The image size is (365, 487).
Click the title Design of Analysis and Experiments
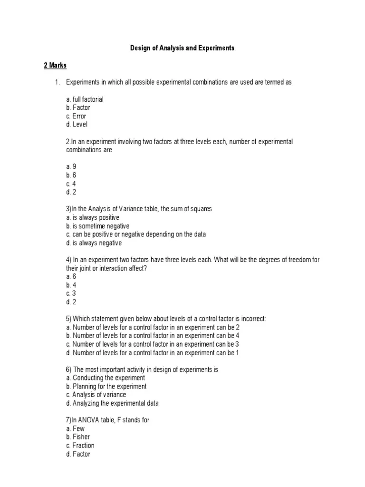coord(182,49)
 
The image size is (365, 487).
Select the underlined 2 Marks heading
coord(55,65)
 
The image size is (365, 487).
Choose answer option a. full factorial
coord(85,99)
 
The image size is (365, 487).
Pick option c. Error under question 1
coord(76,116)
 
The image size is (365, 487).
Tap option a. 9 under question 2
coord(71,166)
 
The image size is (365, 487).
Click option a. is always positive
coord(93,217)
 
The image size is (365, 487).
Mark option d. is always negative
coord(94,243)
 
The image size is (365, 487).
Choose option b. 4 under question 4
coord(71,285)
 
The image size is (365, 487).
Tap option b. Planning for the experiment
coord(106,386)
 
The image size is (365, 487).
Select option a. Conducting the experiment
coord(106,378)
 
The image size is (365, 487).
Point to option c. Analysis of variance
coord(96,395)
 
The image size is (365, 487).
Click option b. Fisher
coord(78,437)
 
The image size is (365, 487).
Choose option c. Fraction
coord(80,445)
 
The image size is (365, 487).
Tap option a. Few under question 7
coord(76,429)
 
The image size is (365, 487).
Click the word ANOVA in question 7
coord(88,420)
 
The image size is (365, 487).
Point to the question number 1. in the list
coord(58,82)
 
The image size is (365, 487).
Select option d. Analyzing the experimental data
coord(112,403)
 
